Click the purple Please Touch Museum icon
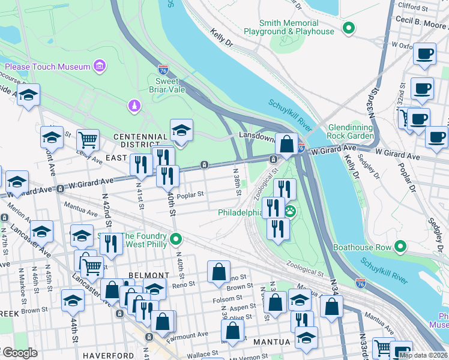point(100,66)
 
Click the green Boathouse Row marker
point(400,247)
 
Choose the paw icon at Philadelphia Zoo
point(291,211)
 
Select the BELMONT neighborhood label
point(148,275)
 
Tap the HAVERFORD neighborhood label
point(108,355)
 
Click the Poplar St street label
point(191,194)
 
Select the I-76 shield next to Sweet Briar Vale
point(163,69)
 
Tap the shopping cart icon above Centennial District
point(88,140)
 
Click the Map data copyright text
point(423,355)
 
